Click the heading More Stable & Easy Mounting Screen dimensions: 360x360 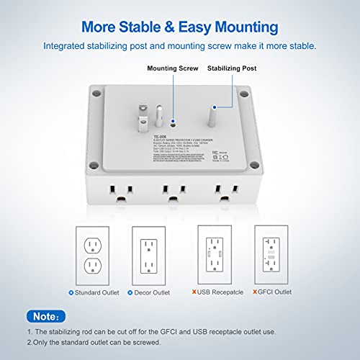(179, 27)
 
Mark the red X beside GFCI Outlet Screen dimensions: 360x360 (252, 293)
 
